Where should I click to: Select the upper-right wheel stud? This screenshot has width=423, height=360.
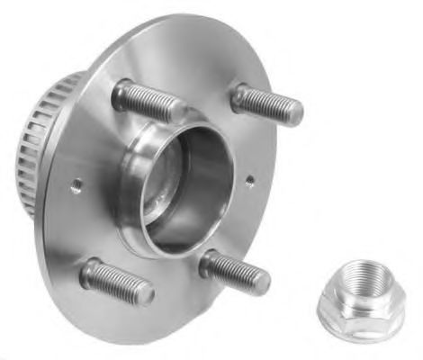[266, 104]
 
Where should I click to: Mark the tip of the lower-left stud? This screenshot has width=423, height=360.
[146, 294]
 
